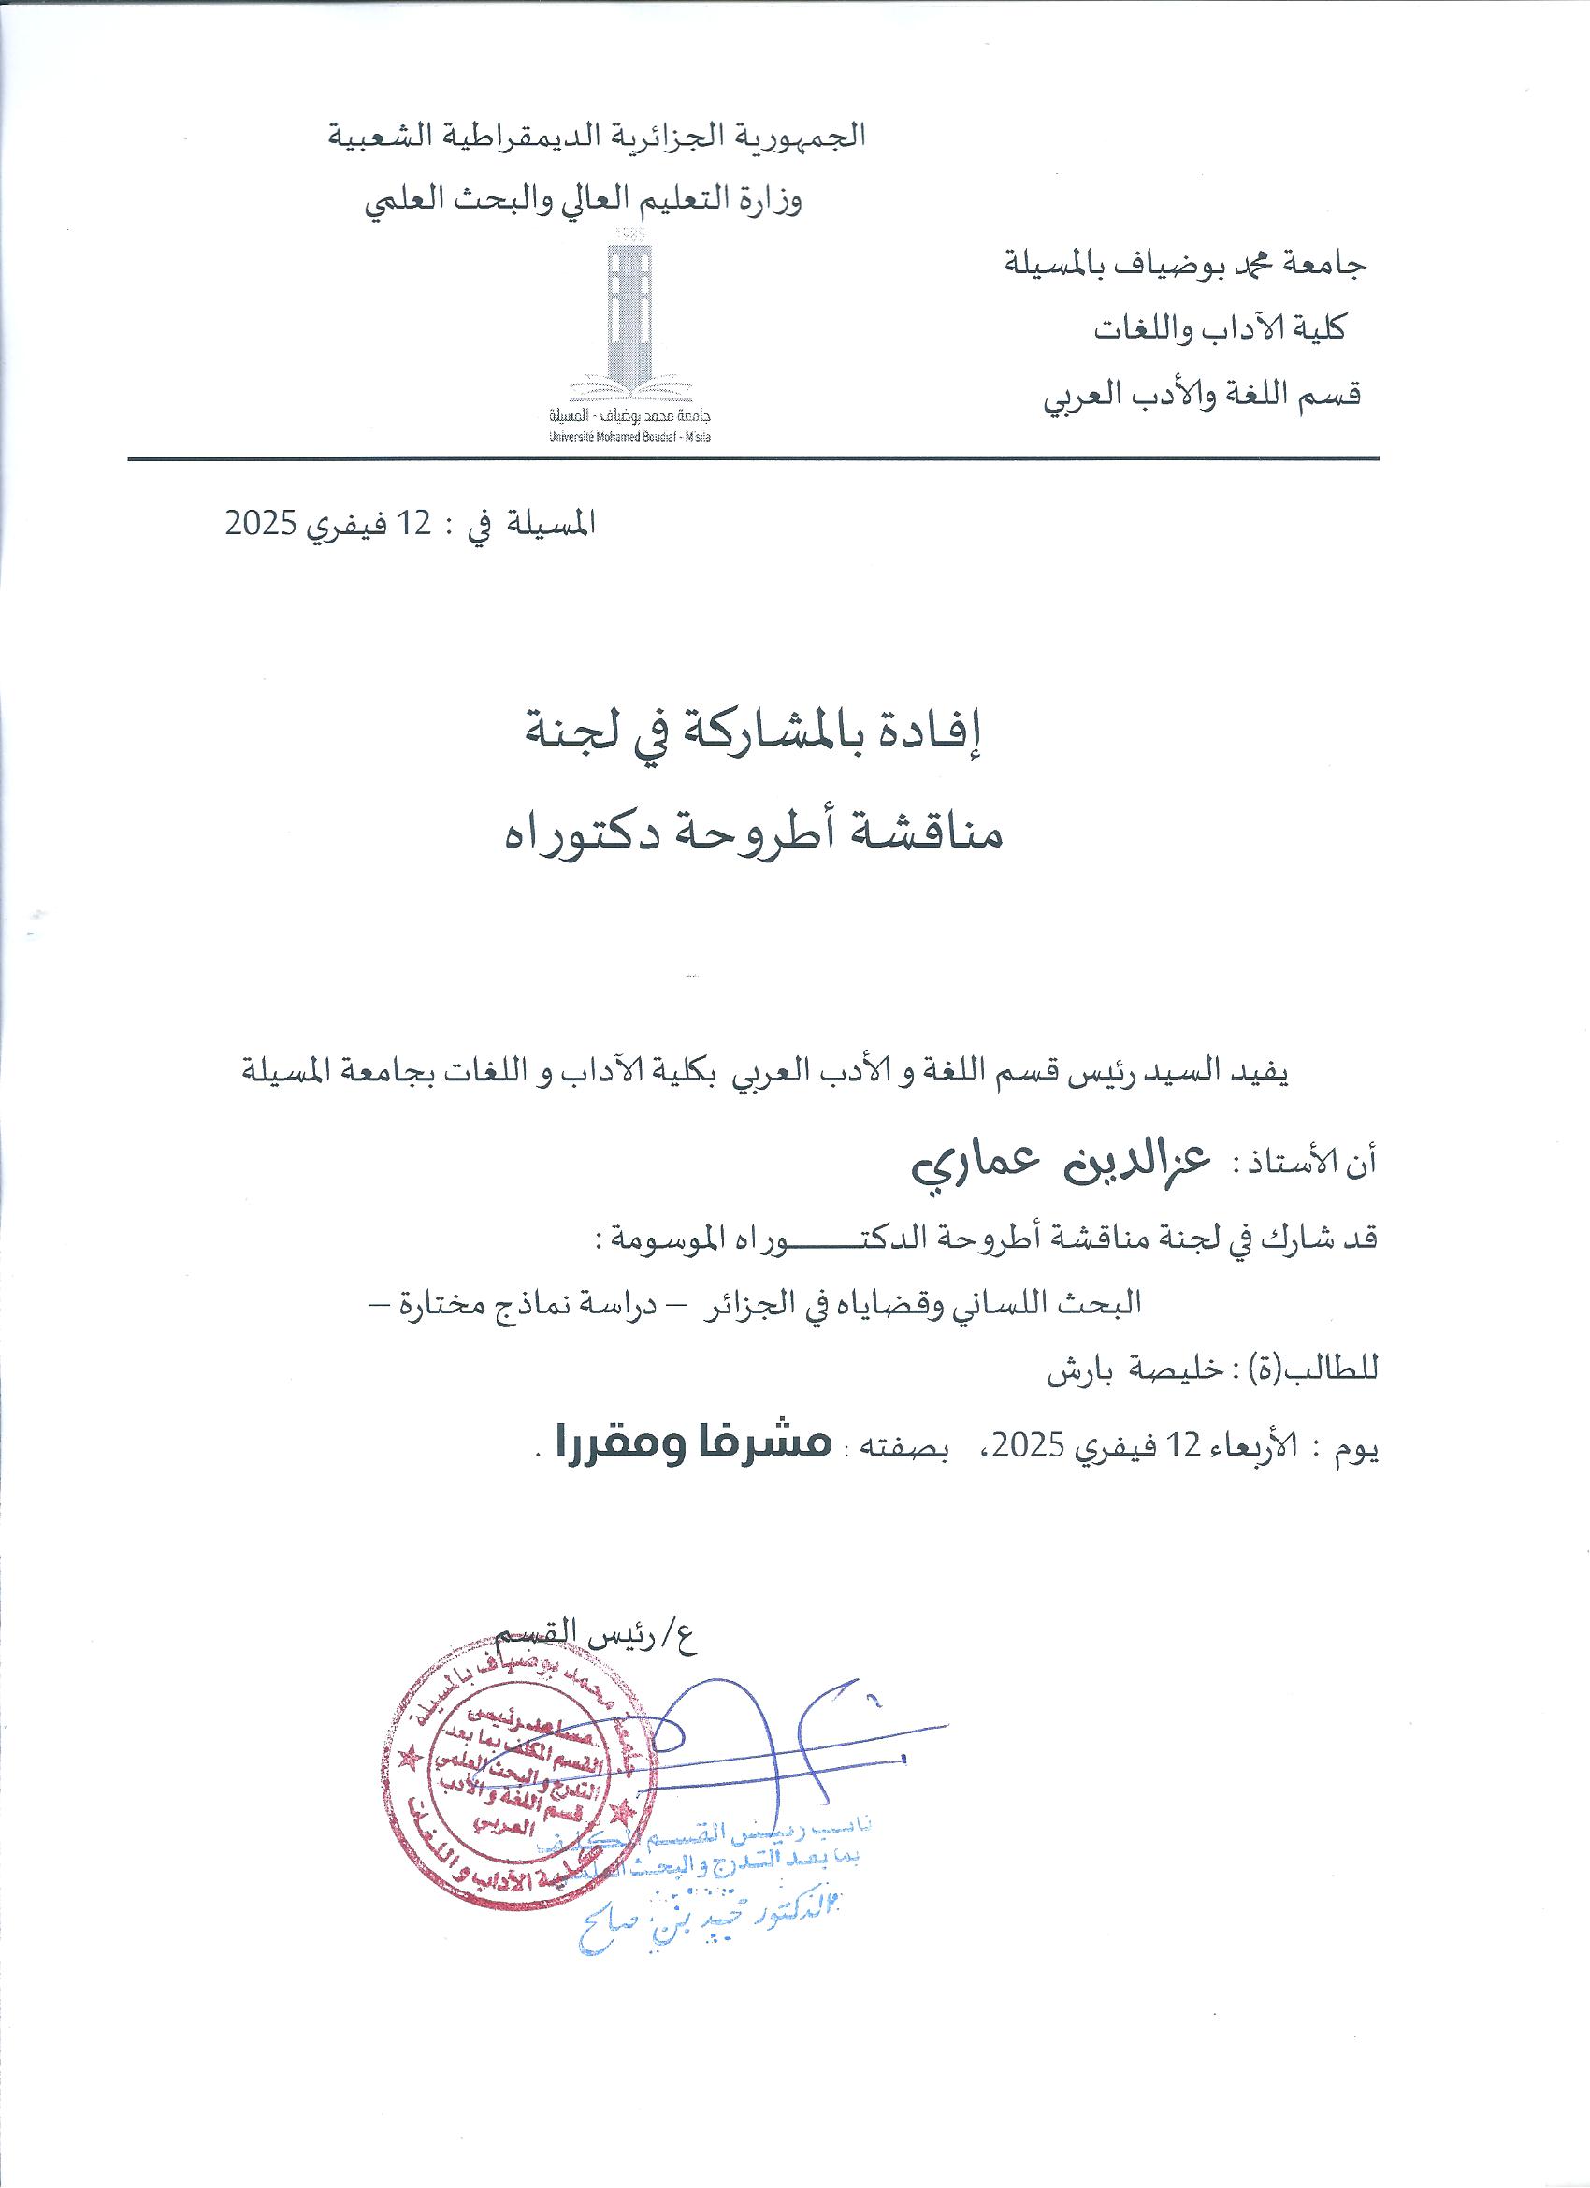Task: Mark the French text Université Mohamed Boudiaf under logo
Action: click(x=630, y=437)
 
